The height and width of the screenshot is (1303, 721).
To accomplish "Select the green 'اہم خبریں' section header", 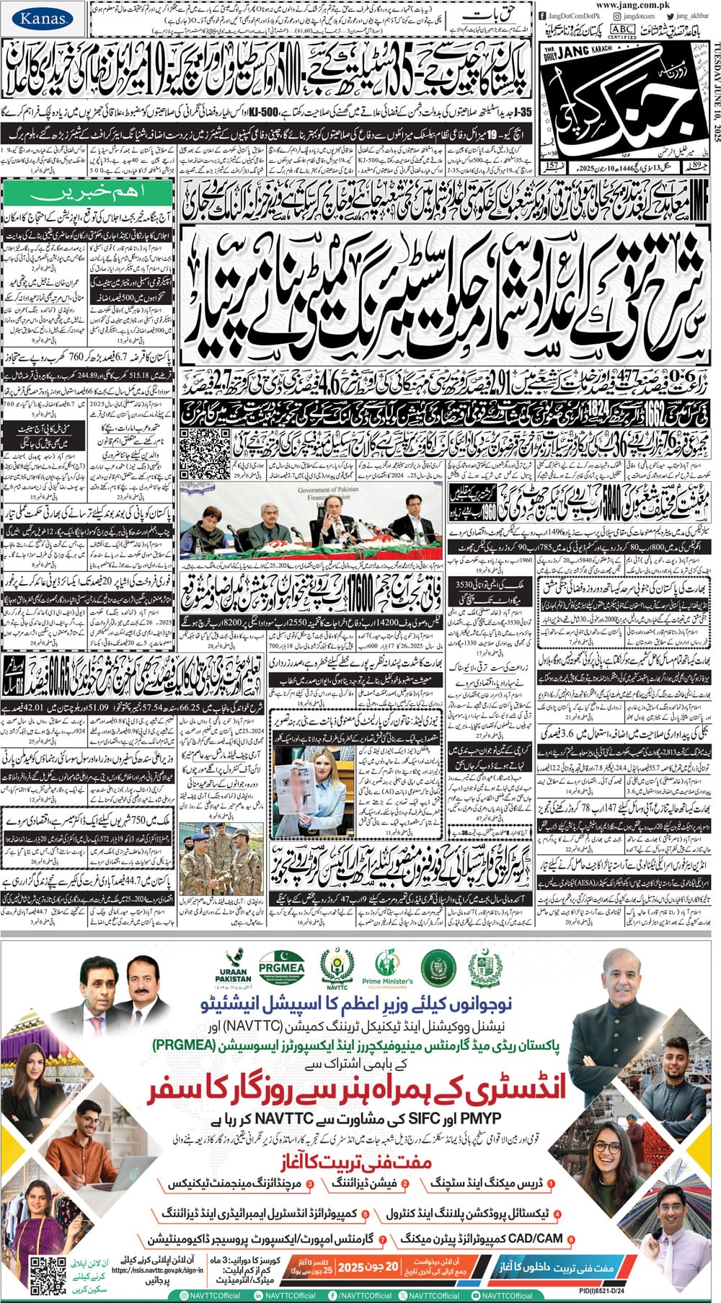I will [88, 193].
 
